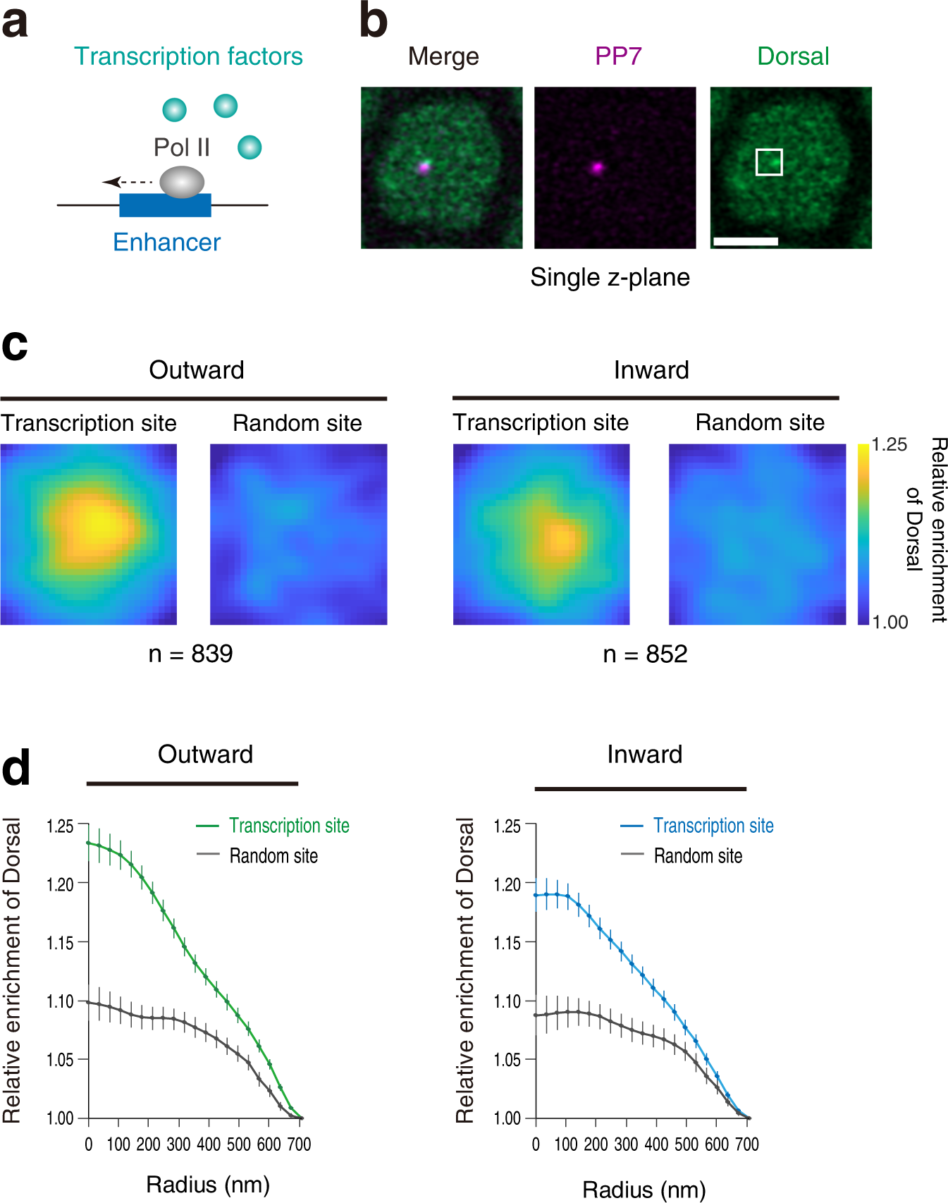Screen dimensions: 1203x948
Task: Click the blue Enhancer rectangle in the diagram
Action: [x=165, y=205]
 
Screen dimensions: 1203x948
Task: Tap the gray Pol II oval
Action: [x=182, y=182]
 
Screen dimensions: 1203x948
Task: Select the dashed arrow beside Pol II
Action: [x=128, y=183]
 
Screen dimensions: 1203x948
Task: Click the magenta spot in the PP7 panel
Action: [x=597, y=168]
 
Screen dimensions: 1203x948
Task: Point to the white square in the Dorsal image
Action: [x=769, y=162]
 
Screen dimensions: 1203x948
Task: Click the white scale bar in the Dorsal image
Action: [x=745, y=241]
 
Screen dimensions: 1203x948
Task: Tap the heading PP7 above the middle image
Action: [x=618, y=56]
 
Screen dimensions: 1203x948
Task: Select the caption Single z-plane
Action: [x=610, y=277]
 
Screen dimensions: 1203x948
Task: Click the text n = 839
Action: [x=190, y=654]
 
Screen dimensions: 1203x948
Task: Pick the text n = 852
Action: [x=645, y=654]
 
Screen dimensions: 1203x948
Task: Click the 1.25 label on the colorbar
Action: [x=889, y=445]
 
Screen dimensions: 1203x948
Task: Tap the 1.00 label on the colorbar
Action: [x=889, y=622]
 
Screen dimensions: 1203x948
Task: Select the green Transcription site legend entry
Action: [x=288, y=826]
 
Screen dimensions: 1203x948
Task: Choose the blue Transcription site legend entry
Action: [x=713, y=826]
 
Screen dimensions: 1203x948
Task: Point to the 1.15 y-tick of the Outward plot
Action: [x=60, y=943]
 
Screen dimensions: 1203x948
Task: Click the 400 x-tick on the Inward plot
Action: [x=656, y=1144]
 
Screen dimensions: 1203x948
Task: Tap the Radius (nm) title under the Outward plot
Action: [x=208, y=1185]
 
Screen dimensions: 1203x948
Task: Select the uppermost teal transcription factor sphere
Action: [x=226, y=106]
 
